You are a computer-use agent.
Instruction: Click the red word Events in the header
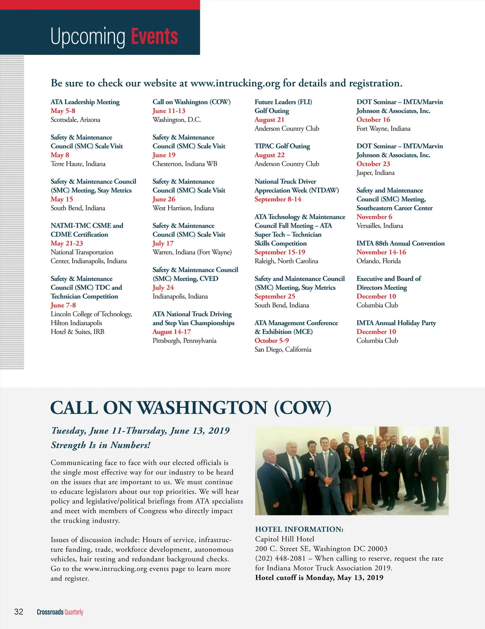point(154,36)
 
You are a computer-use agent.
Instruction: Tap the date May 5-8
point(63,111)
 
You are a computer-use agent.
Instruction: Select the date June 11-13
point(169,111)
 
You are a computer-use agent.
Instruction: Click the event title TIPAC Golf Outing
point(282,146)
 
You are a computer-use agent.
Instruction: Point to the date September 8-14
point(278,199)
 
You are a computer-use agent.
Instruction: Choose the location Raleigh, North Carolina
point(286,261)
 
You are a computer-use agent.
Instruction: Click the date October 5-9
point(272,340)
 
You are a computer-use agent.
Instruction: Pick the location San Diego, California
point(283,349)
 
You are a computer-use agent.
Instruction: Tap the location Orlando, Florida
point(378,261)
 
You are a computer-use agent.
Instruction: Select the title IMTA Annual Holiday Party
point(396,323)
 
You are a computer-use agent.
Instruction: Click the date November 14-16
point(381,252)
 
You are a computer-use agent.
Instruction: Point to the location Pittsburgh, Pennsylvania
point(184,340)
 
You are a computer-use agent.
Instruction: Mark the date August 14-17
point(171,331)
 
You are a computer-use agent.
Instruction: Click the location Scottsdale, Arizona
point(75,120)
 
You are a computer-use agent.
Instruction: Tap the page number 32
point(19,612)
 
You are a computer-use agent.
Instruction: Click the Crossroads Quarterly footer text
point(60,612)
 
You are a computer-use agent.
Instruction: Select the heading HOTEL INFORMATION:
point(299,529)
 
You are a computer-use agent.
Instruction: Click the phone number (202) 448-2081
point(280,558)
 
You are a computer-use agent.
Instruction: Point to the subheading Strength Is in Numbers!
point(101,445)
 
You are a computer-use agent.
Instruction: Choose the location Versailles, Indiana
point(380,226)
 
